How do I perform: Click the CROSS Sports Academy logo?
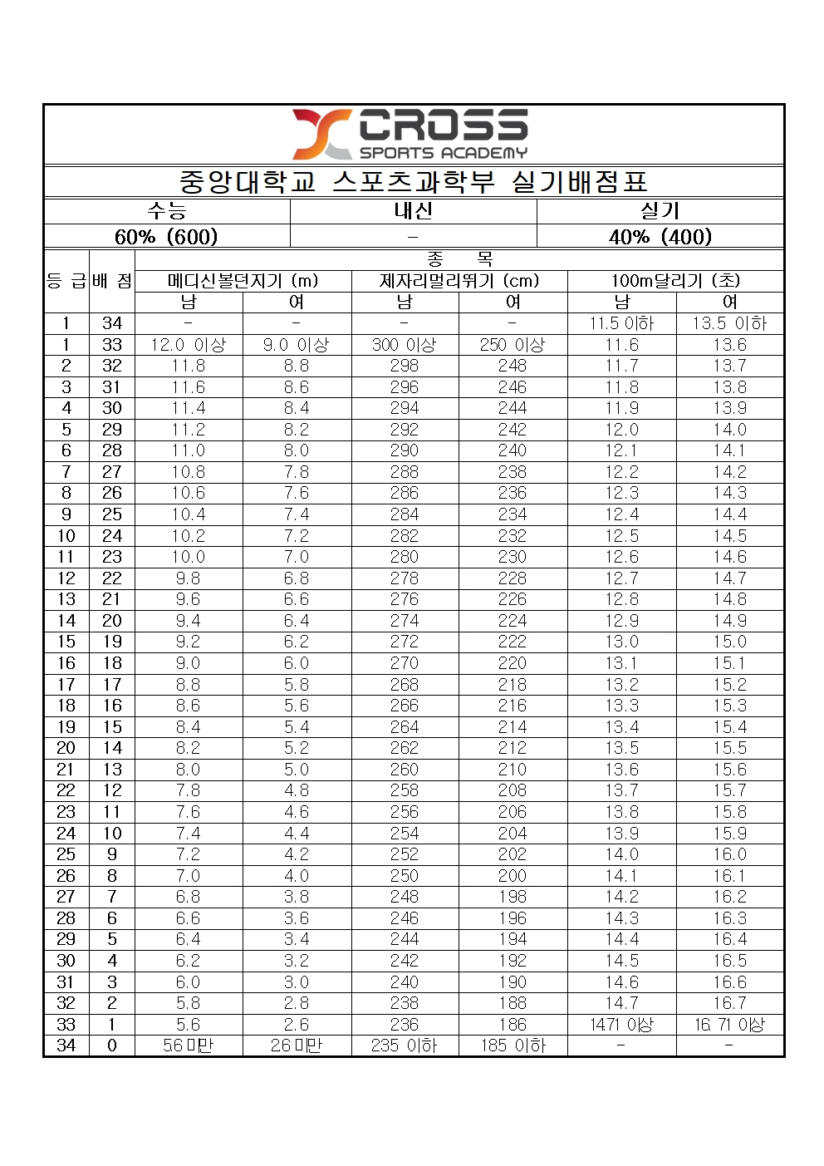tap(411, 134)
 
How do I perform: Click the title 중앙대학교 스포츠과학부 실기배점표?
tap(413, 181)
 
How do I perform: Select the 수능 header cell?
tap(167, 211)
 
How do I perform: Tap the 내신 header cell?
tap(413, 211)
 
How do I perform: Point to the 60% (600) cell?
tap(167, 237)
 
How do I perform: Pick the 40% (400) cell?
tap(660, 237)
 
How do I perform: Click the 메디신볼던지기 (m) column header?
tap(243, 281)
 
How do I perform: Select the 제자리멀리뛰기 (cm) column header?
tap(459, 281)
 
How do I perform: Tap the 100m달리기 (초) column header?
tap(675, 281)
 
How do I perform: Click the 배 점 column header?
tap(112, 281)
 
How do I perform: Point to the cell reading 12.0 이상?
tap(189, 345)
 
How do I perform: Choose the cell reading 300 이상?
tap(405, 345)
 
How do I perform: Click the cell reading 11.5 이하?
tap(621, 323)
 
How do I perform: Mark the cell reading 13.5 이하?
tap(729, 323)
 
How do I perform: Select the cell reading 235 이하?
tap(405, 1045)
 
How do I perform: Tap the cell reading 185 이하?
tap(513, 1045)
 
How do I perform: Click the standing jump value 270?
tap(405, 663)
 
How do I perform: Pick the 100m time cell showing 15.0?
tap(729, 642)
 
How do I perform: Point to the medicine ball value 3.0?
tap(297, 982)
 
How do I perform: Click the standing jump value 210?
tap(513, 770)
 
